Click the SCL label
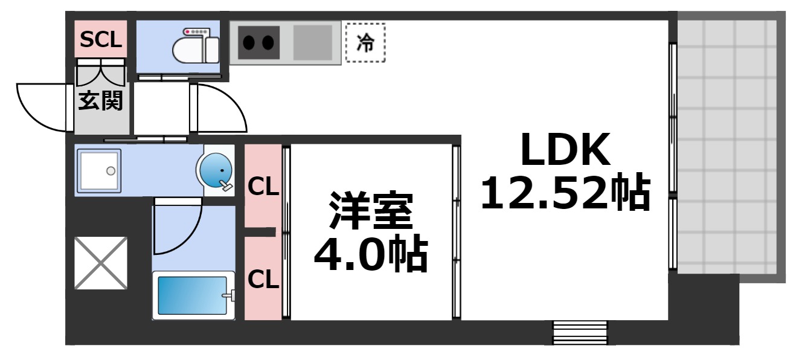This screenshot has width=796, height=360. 101,40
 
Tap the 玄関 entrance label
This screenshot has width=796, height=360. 101,101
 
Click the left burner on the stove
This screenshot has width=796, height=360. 249,42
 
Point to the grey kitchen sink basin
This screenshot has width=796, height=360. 312,42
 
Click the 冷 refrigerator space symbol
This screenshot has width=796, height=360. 365,43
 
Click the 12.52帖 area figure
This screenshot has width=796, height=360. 565,193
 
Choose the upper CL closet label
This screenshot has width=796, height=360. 263,187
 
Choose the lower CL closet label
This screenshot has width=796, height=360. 263,278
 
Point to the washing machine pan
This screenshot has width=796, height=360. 98,170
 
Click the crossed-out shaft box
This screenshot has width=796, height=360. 100,263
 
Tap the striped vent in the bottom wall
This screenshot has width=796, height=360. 580,332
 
